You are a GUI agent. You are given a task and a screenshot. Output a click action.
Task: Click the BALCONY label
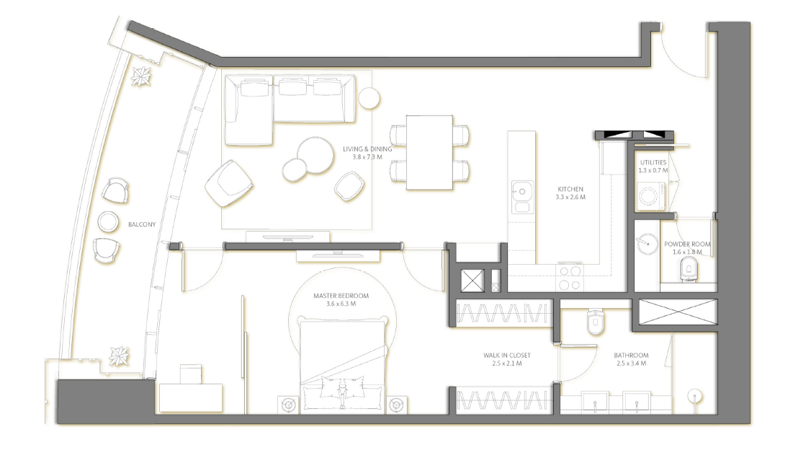142,224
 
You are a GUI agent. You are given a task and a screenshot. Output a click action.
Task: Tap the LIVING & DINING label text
367,149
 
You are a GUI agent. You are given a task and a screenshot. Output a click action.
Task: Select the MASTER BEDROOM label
341,296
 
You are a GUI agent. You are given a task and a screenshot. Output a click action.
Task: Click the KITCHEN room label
570,189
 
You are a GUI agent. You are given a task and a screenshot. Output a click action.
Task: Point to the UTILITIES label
653,162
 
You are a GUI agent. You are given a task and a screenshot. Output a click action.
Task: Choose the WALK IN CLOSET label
507,355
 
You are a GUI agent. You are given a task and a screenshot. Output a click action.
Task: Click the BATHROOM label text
631,355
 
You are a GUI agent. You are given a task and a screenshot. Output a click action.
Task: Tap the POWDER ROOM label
687,245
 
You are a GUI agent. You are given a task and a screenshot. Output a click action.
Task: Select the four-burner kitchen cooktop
570,277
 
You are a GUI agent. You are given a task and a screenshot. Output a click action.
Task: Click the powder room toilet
689,268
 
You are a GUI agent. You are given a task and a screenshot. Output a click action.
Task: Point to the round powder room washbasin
648,244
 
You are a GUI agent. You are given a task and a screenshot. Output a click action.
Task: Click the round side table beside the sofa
369,98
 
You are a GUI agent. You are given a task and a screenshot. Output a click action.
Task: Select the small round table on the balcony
108,221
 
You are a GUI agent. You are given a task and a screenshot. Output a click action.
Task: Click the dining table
429,152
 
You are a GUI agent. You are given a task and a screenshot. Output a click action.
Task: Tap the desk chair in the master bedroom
191,374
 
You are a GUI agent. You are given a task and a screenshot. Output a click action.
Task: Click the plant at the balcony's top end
140,76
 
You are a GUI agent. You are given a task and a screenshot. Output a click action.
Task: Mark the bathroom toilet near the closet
595,322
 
